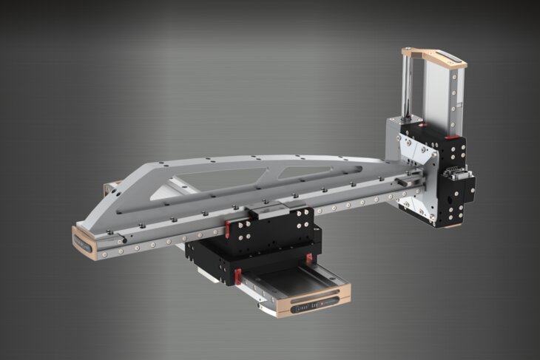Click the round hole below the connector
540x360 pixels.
coord(449,200)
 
